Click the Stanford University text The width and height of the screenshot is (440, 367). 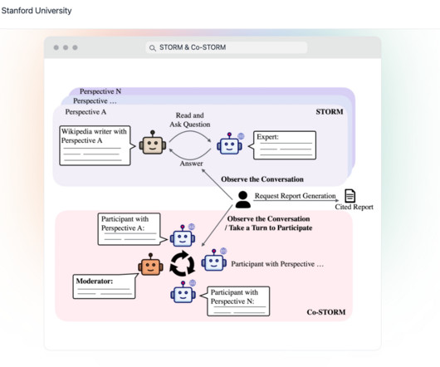37,11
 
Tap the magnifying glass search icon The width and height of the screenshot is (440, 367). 153,48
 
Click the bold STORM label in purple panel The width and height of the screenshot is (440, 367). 330,111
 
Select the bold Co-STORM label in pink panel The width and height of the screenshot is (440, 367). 326,312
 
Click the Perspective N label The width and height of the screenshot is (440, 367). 100,91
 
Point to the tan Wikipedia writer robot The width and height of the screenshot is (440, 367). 153,143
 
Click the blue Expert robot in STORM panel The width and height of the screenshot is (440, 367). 230,144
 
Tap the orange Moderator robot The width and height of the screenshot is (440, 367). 150,264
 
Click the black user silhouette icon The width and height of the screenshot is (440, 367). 243,199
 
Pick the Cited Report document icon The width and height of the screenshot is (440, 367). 350,196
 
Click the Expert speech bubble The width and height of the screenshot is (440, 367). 283,145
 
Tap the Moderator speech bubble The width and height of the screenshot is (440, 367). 105,286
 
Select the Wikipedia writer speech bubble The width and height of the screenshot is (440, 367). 96,145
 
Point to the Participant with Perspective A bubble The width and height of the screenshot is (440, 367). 131,229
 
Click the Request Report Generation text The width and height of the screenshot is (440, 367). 296,196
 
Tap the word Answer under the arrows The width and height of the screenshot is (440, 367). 192,164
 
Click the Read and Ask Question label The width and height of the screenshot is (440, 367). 190,120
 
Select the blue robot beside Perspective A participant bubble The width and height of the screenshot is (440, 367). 183,236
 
